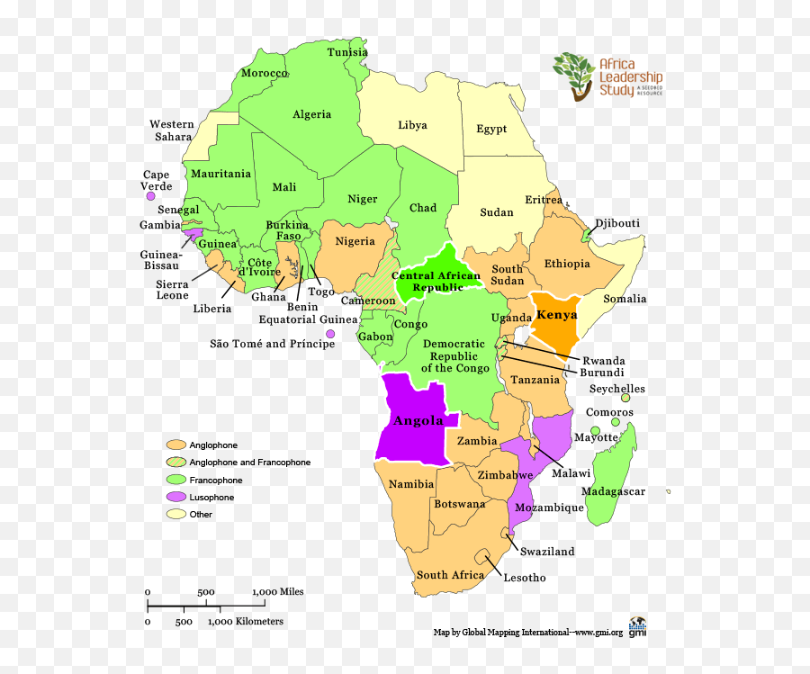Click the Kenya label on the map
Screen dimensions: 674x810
tap(555, 315)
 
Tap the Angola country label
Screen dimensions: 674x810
tap(418, 420)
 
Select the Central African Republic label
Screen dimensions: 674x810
tap(436, 282)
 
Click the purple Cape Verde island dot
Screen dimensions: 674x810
tap(151, 195)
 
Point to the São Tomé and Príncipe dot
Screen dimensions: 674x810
tap(330, 334)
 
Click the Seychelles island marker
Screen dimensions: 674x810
tap(625, 398)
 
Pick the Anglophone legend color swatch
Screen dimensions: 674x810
tap(175, 445)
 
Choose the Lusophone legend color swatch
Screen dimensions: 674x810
tap(175, 498)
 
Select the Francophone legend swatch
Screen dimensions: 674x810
tap(175, 481)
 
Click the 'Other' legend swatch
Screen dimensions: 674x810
tap(175, 515)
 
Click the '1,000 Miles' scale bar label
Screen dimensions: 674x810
tap(277, 591)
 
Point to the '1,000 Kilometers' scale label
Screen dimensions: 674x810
tap(246, 621)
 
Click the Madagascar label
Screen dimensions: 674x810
tap(613, 491)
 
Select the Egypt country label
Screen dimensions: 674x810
tap(491, 129)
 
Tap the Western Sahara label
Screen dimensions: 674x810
tap(171, 130)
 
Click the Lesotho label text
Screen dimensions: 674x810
tap(524, 578)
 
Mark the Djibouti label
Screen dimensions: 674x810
tap(617, 223)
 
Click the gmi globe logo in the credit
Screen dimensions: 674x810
tap(637, 626)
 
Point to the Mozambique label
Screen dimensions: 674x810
tap(550, 508)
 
